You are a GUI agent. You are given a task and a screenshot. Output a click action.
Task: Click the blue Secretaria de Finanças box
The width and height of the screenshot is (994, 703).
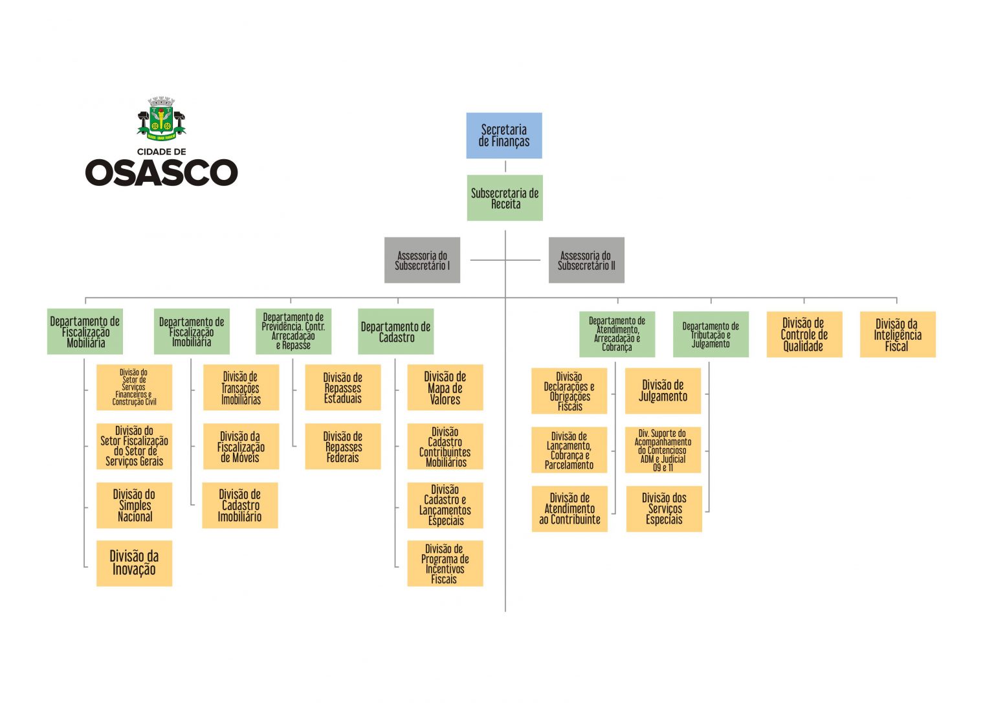click(x=504, y=135)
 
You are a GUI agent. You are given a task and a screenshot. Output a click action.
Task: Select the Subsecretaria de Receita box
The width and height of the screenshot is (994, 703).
click(x=505, y=197)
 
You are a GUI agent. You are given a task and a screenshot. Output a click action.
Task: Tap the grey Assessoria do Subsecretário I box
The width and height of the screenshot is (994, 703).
click(x=422, y=260)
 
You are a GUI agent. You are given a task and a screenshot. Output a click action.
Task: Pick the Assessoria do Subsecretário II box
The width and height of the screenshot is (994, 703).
click(x=586, y=260)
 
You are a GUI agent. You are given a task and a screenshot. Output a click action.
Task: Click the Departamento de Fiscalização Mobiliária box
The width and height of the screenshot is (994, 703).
click(x=85, y=331)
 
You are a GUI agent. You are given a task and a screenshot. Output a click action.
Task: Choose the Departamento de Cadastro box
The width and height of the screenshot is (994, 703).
click(x=396, y=331)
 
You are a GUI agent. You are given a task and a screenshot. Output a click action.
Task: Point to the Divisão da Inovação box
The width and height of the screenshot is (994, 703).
click(x=134, y=563)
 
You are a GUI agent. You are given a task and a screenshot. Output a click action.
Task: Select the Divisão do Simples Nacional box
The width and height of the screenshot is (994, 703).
click(x=134, y=505)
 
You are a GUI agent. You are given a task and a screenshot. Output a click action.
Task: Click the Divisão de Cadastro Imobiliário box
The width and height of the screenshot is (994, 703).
click(x=240, y=505)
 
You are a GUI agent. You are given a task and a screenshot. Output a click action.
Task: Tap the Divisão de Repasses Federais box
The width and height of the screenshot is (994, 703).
click(x=343, y=446)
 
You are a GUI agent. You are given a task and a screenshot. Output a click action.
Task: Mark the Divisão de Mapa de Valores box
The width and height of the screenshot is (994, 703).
click(x=445, y=387)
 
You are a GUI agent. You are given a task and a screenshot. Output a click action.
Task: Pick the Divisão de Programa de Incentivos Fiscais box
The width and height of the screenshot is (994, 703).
click(x=445, y=563)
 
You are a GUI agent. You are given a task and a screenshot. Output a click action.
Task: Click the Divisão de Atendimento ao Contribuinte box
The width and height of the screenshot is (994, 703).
click(x=569, y=509)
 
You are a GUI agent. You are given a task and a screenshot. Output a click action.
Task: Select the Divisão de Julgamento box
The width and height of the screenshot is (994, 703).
click(x=663, y=390)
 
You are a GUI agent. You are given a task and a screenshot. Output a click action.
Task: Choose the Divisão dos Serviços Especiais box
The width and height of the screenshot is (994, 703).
click(x=664, y=509)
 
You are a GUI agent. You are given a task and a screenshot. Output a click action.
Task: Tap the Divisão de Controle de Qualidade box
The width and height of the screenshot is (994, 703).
click(x=804, y=334)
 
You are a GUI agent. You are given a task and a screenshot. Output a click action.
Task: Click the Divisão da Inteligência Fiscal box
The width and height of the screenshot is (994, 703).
click(x=898, y=334)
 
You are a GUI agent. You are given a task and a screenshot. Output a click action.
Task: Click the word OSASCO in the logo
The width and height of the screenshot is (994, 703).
click(x=161, y=173)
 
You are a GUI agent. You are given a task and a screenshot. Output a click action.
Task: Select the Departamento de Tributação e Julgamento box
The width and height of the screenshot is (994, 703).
click(x=711, y=334)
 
